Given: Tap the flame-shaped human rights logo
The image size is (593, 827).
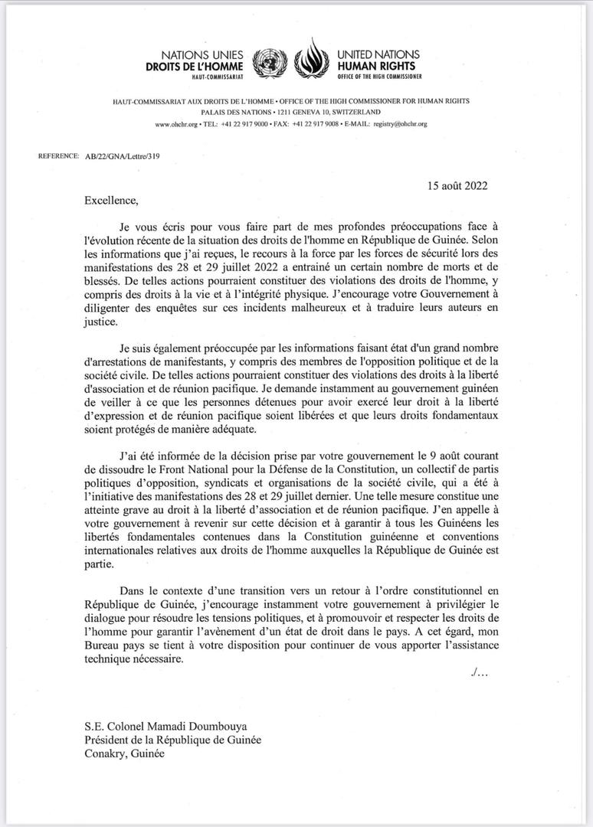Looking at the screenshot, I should point(310,59).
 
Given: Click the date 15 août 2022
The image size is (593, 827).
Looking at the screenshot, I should point(457,185).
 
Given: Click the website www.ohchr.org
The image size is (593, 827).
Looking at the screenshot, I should point(177,123).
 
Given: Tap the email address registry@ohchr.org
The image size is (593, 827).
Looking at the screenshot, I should point(400,123).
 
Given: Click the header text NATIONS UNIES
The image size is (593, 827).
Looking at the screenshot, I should point(201,55).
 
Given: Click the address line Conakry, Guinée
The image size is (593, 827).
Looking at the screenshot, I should point(124,753).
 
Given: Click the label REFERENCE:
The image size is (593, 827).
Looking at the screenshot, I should point(58,156).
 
